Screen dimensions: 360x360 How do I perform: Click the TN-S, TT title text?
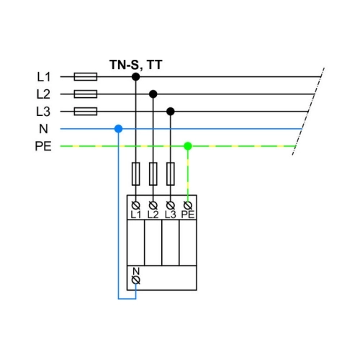point(136,65)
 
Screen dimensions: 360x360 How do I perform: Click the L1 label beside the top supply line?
point(44,77)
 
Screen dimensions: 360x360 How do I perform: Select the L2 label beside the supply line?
point(43,94)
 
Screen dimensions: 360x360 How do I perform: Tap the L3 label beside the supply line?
point(43,112)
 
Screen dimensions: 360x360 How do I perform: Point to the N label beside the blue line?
point(43,129)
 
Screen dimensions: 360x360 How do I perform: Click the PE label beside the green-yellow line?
point(43,146)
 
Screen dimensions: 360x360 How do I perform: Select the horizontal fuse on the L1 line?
point(86,77)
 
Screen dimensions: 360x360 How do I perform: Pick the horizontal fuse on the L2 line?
point(86,94)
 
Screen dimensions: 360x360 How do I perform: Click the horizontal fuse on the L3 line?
point(86,112)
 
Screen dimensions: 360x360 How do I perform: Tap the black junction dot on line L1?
point(136,77)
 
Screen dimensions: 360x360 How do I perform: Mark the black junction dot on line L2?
point(153,94)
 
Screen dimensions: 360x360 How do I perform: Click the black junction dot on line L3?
point(171,112)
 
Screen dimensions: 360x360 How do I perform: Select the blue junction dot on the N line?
point(119,129)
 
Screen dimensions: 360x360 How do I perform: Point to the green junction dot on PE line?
point(188,146)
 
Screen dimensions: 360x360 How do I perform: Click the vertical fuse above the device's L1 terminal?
point(136,174)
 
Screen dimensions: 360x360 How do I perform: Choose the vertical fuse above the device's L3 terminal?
point(171,174)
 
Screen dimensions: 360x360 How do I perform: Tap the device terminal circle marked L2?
point(153,205)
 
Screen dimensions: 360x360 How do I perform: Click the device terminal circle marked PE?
point(188,205)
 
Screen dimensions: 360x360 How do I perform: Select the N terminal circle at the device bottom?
point(136,280)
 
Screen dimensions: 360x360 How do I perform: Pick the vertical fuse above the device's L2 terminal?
point(153,174)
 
